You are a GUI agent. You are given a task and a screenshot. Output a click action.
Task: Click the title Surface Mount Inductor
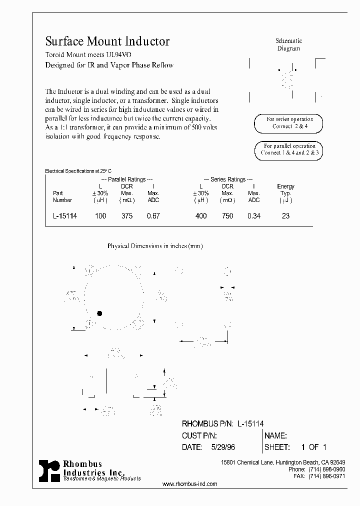point(107,41)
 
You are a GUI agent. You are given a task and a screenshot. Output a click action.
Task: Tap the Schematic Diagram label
point(289,44)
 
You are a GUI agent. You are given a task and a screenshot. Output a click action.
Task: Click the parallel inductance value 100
point(100,216)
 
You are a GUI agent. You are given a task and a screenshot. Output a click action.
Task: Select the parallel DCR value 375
point(127,216)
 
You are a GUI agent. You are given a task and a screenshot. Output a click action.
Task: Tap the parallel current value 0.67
point(153,216)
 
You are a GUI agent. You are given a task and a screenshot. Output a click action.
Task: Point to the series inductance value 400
point(201,216)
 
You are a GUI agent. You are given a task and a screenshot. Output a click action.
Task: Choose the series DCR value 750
point(227,216)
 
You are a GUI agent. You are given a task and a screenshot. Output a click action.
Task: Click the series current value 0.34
point(253,216)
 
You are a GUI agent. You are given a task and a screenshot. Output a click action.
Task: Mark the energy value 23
point(286,216)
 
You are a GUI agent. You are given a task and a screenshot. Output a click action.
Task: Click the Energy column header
point(286,186)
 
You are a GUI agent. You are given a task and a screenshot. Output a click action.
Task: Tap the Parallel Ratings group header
point(127,179)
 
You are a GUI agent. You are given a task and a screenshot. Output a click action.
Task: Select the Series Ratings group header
point(228,179)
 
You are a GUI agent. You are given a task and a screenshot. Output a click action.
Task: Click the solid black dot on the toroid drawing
point(99,313)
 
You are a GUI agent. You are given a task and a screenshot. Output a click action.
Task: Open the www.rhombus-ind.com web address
point(190,484)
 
